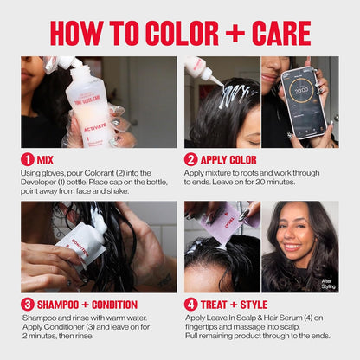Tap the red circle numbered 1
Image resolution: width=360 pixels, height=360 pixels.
tap(28, 159)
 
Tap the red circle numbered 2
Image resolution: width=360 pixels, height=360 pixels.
tap(191, 159)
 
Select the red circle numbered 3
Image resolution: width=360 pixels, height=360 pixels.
tap(28, 305)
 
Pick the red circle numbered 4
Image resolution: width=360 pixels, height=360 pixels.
tap(191, 305)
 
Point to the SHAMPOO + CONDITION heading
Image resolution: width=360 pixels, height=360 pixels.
tap(86, 305)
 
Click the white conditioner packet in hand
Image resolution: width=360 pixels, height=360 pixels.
tap(82, 247)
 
